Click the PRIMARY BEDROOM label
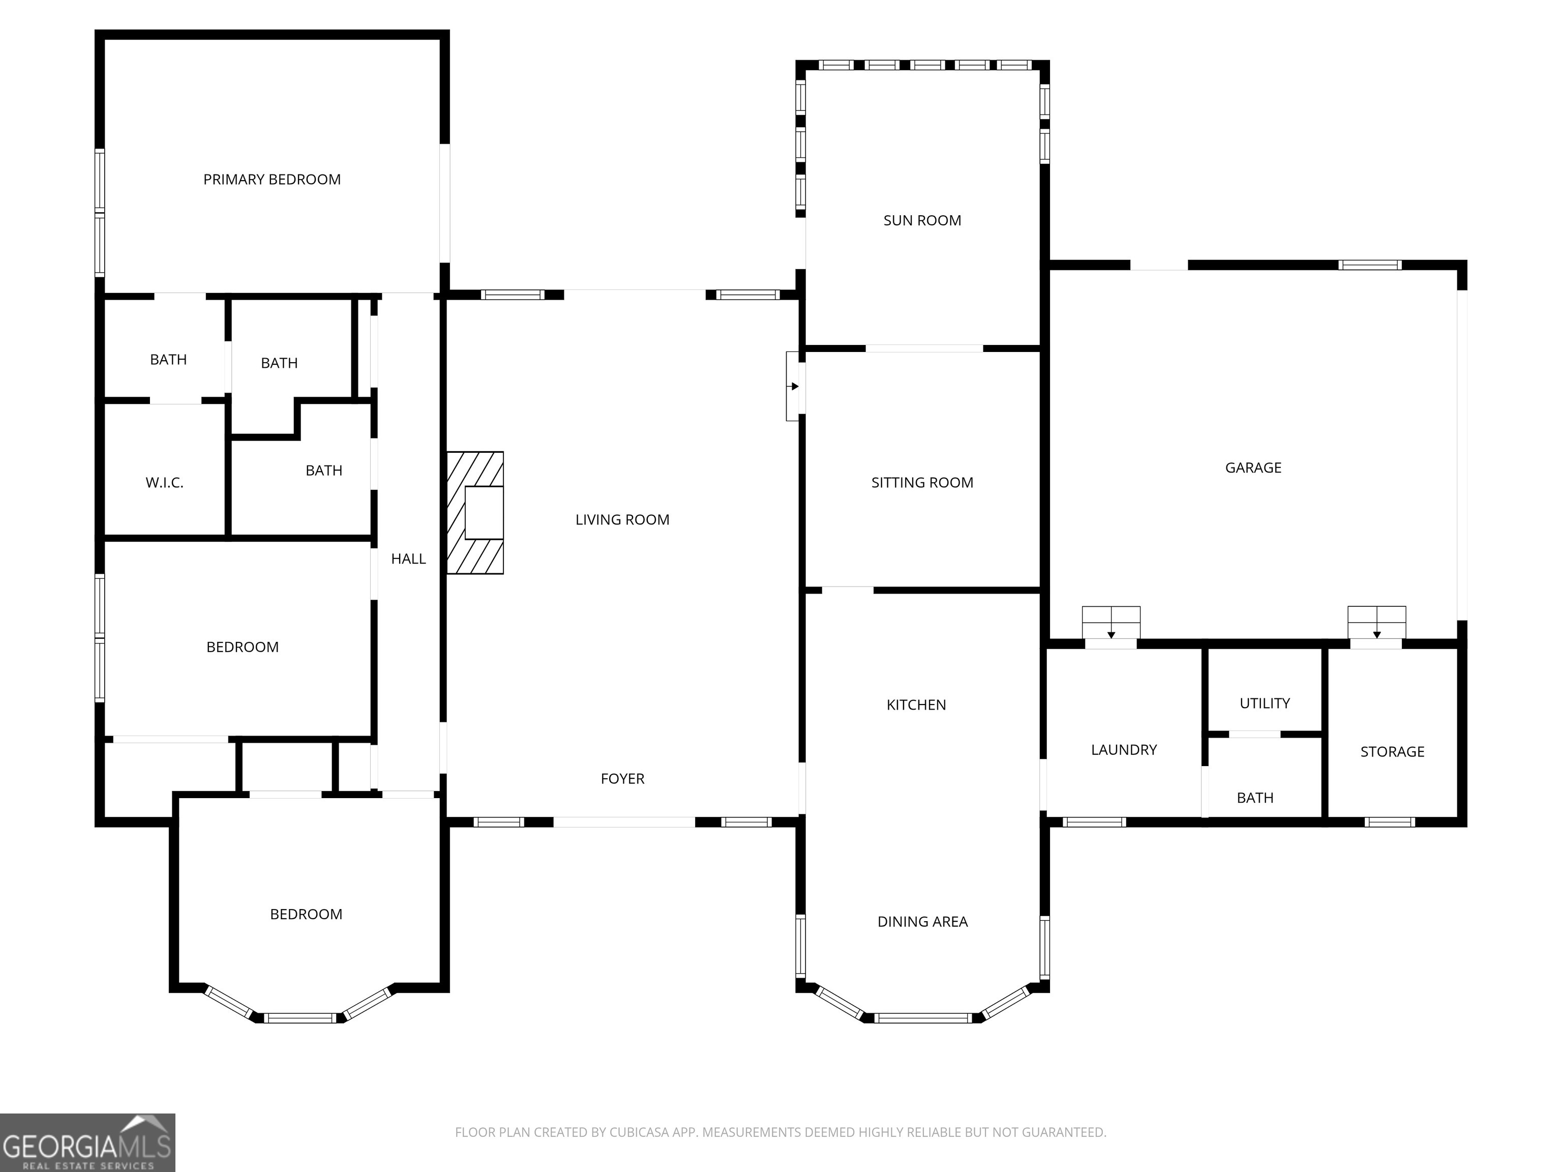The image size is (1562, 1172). point(272,180)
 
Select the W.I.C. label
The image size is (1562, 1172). point(165,483)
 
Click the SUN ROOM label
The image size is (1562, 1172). point(922,220)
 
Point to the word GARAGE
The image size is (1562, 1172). point(1253,467)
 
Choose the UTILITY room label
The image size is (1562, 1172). point(1265,703)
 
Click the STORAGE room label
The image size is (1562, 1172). point(1392,752)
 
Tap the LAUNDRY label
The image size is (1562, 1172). point(1124,750)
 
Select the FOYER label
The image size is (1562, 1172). point(622,778)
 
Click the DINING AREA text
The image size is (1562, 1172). point(922,921)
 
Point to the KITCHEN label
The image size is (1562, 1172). point(916,705)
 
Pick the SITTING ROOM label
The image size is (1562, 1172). point(922,483)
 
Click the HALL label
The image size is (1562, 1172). point(408,559)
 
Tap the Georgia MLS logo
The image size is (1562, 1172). point(87,1142)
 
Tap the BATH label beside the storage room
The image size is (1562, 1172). point(1255,798)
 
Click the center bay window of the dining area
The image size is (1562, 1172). point(922,1017)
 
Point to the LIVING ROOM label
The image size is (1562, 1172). point(622,520)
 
